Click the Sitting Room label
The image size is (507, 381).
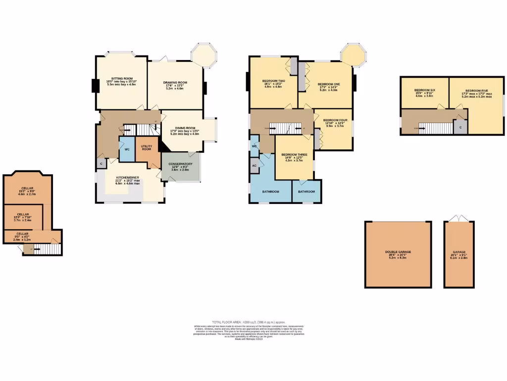(121, 79)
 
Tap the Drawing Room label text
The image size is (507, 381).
(175, 82)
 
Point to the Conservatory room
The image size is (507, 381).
(181, 164)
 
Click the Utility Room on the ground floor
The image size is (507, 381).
(146, 148)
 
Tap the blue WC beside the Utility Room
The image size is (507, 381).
(127, 149)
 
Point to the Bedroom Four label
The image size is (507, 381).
(335, 121)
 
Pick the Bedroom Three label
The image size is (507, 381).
(295, 155)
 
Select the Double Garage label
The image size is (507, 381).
(398, 252)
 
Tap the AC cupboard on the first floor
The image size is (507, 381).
(254, 166)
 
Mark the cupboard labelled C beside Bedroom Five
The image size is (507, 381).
(461, 127)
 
